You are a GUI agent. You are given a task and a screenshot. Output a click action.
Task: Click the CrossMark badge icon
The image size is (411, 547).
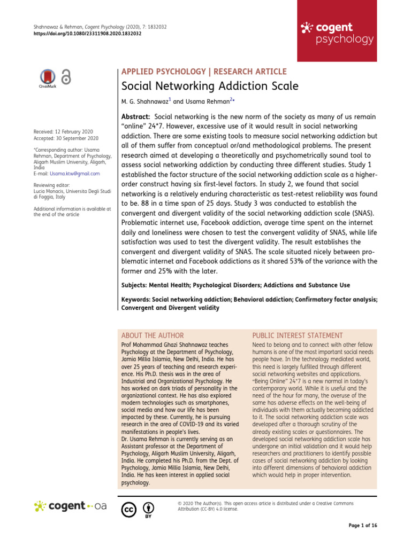pyautogui.click(x=48, y=78)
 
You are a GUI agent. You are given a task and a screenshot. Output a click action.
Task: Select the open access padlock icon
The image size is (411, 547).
pyautogui.click(x=66, y=77)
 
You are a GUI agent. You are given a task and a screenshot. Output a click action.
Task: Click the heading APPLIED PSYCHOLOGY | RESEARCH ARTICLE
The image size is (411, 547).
pyautogui.click(x=204, y=72)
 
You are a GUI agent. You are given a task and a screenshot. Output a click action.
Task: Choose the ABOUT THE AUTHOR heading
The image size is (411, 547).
pyautogui.click(x=153, y=335)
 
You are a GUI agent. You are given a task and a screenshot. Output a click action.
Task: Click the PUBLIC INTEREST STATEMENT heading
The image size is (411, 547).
pyautogui.click(x=297, y=335)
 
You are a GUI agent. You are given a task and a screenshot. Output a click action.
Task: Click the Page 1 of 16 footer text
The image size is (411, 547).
pyautogui.click(x=363, y=526)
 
